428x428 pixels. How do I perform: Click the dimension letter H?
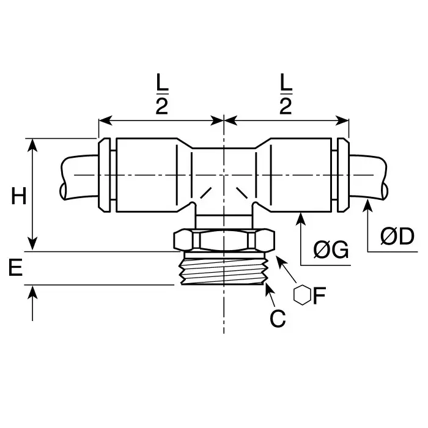20,197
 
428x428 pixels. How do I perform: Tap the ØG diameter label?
331,250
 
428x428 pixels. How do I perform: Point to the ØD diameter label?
397,236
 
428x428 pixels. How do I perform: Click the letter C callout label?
278,319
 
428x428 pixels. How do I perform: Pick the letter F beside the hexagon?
319,296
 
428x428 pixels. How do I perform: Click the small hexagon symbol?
302,295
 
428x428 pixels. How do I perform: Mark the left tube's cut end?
64,177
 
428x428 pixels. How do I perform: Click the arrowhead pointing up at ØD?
367,207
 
